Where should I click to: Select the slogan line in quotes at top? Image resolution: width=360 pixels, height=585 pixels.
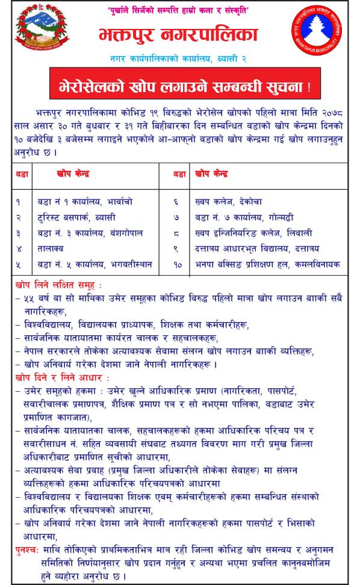pyautogui.click(x=183, y=11)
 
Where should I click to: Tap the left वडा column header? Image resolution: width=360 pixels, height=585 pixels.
pyautogui.click(x=19, y=174)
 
